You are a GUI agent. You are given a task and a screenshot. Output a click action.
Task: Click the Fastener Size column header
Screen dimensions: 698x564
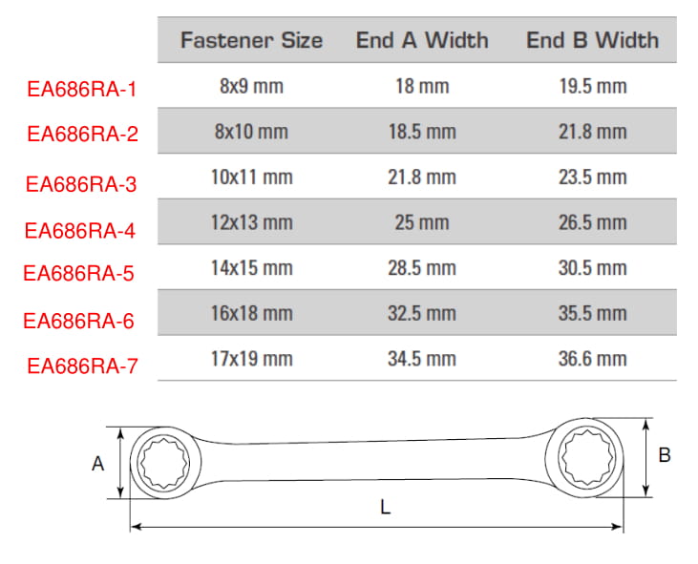tap(251, 40)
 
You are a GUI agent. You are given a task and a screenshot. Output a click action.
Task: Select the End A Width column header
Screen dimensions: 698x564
tap(422, 40)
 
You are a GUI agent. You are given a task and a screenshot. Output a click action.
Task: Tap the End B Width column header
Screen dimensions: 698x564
tap(593, 40)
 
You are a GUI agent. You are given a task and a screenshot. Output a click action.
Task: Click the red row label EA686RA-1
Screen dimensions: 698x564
tap(81, 89)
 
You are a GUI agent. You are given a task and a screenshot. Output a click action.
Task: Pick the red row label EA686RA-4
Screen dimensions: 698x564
tap(79, 230)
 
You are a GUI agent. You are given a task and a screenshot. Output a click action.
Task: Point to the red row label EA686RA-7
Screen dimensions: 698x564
tap(82, 366)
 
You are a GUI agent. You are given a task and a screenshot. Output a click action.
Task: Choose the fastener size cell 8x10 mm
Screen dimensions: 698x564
tap(251, 132)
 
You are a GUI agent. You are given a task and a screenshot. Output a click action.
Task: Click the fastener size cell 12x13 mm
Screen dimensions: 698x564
tap(251, 222)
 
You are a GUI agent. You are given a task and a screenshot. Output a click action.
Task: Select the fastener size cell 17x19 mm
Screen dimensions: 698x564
tap(251, 359)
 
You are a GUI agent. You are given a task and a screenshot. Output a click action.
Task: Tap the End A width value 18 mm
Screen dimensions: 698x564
tap(422, 86)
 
